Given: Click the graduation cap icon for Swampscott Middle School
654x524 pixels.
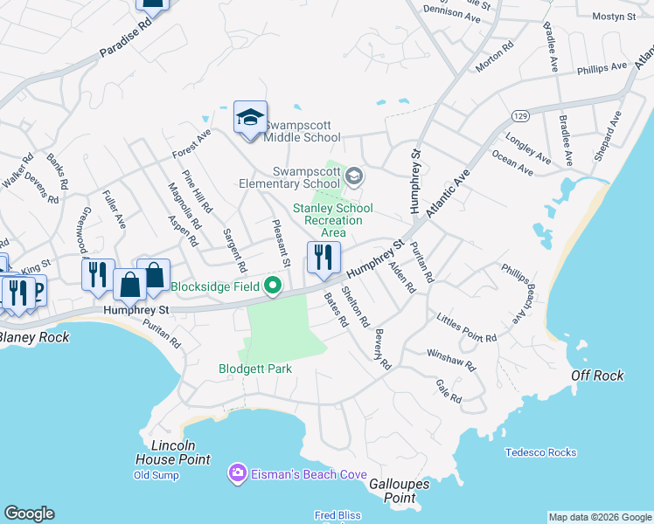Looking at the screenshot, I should (x=249, y=118).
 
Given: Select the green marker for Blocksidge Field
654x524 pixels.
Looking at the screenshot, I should (x=273, y=286).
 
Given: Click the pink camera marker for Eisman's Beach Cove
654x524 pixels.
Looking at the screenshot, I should (x=236, y=473).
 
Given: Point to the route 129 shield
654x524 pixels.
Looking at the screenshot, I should (x=520, y=116).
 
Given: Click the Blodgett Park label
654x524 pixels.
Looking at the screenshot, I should (x=255, y=369).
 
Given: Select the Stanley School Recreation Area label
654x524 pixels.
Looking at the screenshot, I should (x=332, y=220).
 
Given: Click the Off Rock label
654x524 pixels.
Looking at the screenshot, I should (x=597, y=375).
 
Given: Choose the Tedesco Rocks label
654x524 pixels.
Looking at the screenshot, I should (x=540, y=452).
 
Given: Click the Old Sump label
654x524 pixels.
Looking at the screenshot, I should (x=156, y=475).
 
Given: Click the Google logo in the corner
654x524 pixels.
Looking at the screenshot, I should (x=29, y=514).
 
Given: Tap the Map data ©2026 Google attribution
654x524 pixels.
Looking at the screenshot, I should (x=599, y=517).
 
